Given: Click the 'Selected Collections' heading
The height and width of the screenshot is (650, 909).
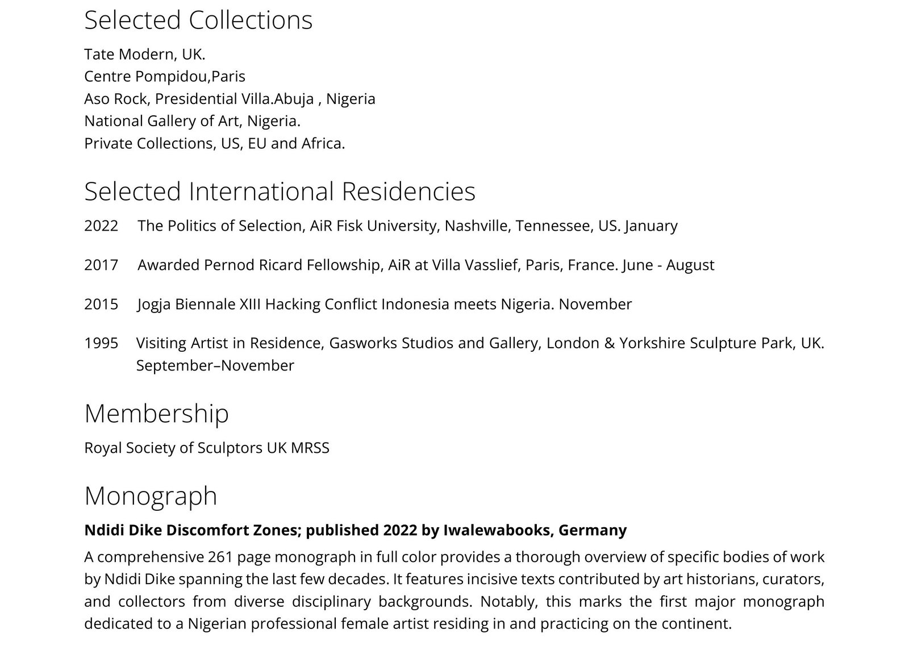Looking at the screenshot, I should click(x=198, y=20).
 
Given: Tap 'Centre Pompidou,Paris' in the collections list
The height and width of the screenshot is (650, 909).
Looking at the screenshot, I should click(x=165, y=77).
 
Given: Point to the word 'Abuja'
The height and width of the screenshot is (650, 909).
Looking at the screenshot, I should click(x=294, y=99).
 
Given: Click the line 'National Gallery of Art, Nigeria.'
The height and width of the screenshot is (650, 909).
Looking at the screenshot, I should click(x=192, y=121).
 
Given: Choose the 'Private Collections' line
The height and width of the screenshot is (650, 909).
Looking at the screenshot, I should click(x=214, y=143).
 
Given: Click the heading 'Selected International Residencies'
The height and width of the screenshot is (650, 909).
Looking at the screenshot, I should click(x=280, y=191).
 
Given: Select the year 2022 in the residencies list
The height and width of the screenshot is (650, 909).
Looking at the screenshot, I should click(x=101, y=226).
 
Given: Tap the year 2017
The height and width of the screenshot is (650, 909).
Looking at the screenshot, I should click(x=101, y=265).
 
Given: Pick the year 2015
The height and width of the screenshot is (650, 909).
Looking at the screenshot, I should click(x=101, y=305).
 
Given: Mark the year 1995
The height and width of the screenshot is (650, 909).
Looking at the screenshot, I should click(x=101, y=344).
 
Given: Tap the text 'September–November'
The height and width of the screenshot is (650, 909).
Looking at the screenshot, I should click(x=215, y=366).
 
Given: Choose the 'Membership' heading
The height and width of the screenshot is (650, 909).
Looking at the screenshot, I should click(x=156, y=414).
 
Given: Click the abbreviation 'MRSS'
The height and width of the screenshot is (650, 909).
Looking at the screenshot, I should click(x=310, y=448).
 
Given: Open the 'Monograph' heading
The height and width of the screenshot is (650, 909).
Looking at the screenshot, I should click(x=151, y=495).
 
